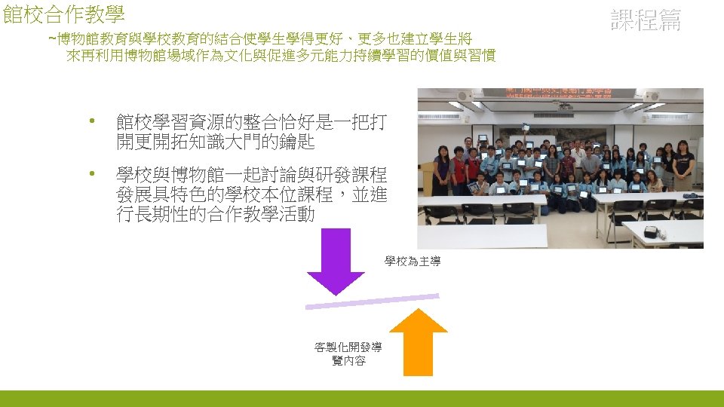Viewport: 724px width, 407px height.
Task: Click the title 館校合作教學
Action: coord(63,14)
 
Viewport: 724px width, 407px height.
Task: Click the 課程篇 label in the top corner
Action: coord(645,20)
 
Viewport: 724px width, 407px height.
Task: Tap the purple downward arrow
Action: coord(336,261)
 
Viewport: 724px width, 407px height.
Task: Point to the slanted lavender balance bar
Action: coord(372,301)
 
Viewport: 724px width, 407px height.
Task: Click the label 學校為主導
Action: coord(413,262)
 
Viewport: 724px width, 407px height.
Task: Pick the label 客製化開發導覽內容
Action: coord(348,354)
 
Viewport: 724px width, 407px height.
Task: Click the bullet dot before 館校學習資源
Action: coord(92,121)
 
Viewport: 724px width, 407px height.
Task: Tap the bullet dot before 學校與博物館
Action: coord(92,175)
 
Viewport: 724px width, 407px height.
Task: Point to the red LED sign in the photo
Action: coord(559,93)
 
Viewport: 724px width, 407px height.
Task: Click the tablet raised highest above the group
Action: coord(483,139)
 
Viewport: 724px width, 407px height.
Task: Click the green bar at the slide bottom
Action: coord(362,398)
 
